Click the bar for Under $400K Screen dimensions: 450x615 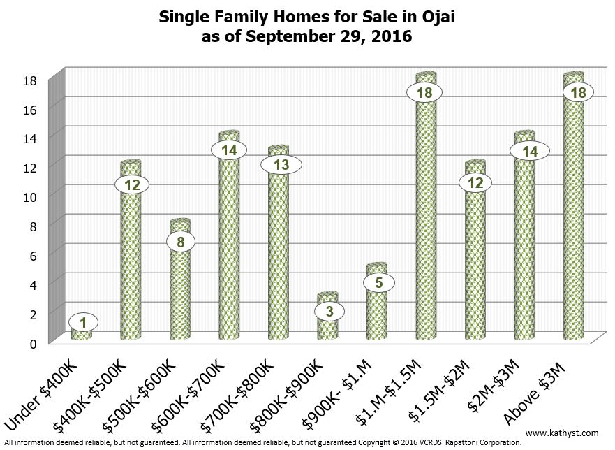click(x=82, y=333)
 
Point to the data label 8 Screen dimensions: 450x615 click(x=180, y=242)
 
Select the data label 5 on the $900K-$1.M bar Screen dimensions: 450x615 click(x=378, y=282)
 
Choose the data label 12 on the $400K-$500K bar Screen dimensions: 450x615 click(x=131, y=184)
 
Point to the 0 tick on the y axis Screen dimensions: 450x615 click(x=33, y=342)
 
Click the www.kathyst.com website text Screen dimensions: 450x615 click(x=566, y=433)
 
